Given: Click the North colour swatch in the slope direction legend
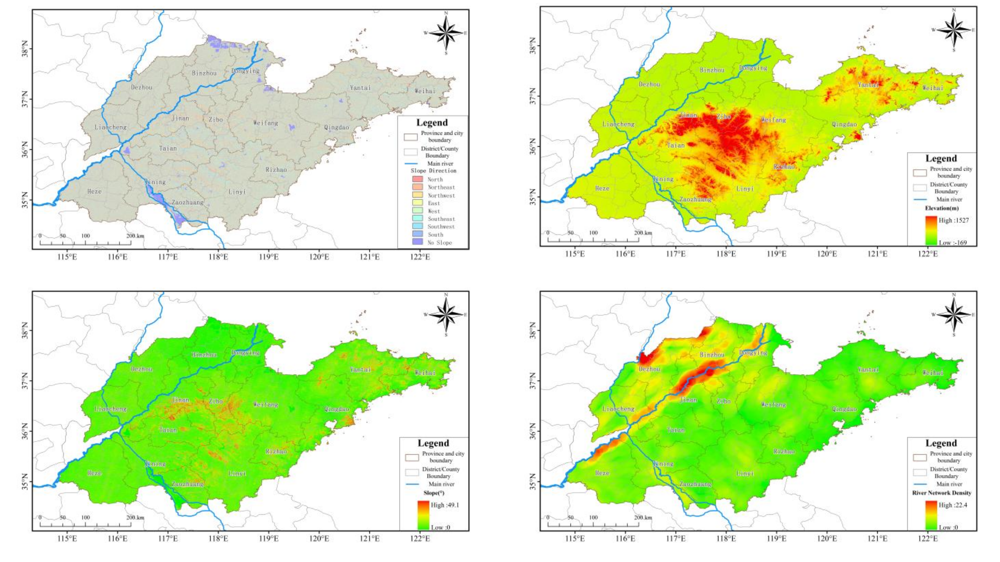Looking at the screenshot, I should tap(417, 179).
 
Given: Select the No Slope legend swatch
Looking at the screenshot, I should tap(417, 242).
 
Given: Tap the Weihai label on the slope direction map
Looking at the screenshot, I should tap(425, 91).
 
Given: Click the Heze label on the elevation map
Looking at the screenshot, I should tap(602, 188).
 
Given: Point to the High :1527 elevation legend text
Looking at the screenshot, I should tap(953, 220).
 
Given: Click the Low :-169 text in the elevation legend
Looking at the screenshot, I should tap(952, 243).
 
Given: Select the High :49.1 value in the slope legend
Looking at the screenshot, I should tap(444, 505).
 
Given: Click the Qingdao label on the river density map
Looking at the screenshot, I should tap(844, 409).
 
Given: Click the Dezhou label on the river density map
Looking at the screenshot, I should tap(649, 369).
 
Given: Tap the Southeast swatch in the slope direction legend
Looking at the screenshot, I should tap(417, 218).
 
